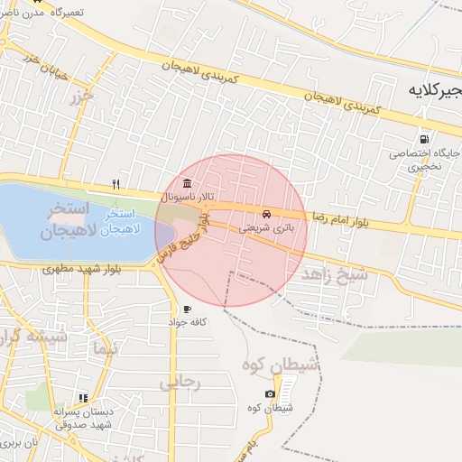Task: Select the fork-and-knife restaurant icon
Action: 115,184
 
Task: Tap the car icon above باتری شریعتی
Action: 266,214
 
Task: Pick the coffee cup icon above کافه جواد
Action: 186,310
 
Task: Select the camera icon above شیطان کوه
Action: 270,394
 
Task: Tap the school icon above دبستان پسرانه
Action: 83,398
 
